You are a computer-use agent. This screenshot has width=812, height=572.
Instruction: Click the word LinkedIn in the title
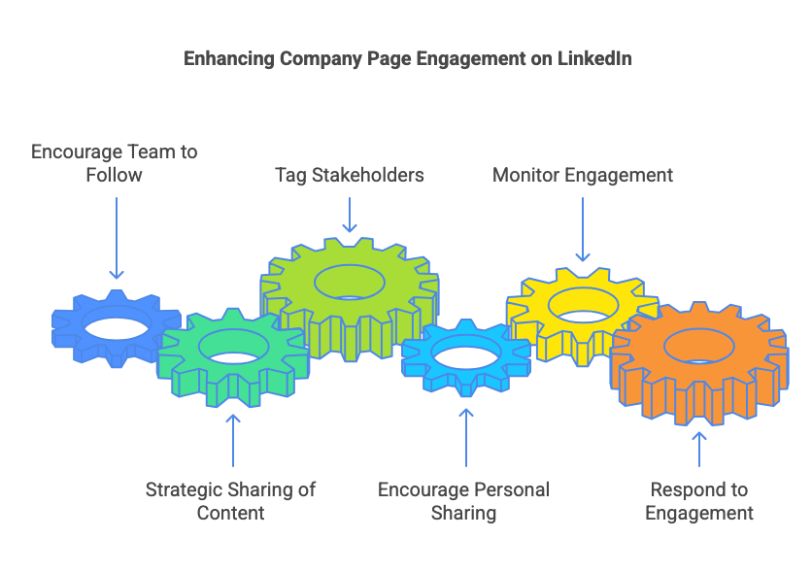[x=594, y=58]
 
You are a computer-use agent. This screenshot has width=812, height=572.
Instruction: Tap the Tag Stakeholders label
[x=350, y=175]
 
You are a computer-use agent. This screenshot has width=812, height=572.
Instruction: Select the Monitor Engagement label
[x=583, y=175]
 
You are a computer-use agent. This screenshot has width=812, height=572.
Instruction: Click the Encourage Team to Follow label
[x=115, y=163]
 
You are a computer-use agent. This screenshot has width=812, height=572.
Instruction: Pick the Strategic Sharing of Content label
[x=230, y=500]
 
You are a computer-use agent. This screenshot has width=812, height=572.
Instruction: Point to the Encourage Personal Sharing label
[x=463, y=500]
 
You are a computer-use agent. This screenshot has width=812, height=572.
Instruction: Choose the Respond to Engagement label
[x=699, y=500]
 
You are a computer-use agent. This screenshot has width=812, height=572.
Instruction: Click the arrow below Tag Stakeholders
[x=350, y=215]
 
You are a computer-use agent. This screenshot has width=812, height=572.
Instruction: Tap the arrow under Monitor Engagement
[x=583, y=229]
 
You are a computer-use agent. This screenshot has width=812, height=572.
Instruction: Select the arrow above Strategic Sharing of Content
[x=233, y=441]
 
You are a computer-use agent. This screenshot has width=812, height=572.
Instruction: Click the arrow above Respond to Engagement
[x=699, y=450]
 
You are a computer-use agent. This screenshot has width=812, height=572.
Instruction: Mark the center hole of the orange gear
[x=699, y=347]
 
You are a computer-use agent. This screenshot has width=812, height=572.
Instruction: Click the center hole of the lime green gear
[x=350, y=283]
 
